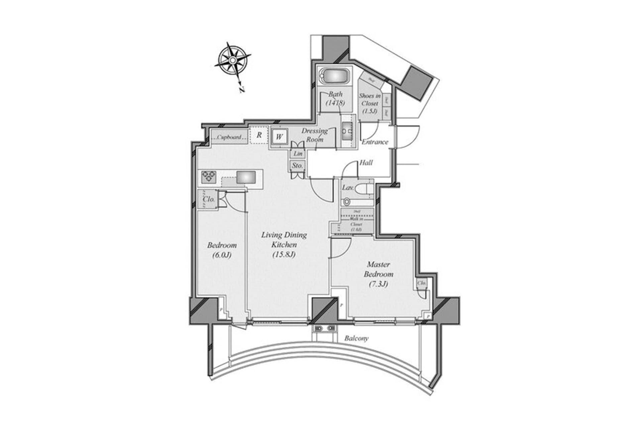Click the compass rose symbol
232,61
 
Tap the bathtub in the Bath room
335,77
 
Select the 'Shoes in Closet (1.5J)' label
369,103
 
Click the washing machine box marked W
280,136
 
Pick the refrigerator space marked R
259,135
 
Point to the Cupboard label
229,137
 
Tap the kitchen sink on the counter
246,177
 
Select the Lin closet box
298,153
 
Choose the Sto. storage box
297,166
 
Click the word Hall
366,163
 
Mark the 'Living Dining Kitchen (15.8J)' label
284,244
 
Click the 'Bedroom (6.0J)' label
222,250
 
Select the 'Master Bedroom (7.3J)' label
379,274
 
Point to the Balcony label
356,338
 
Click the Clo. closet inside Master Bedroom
422,283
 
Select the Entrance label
375,142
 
